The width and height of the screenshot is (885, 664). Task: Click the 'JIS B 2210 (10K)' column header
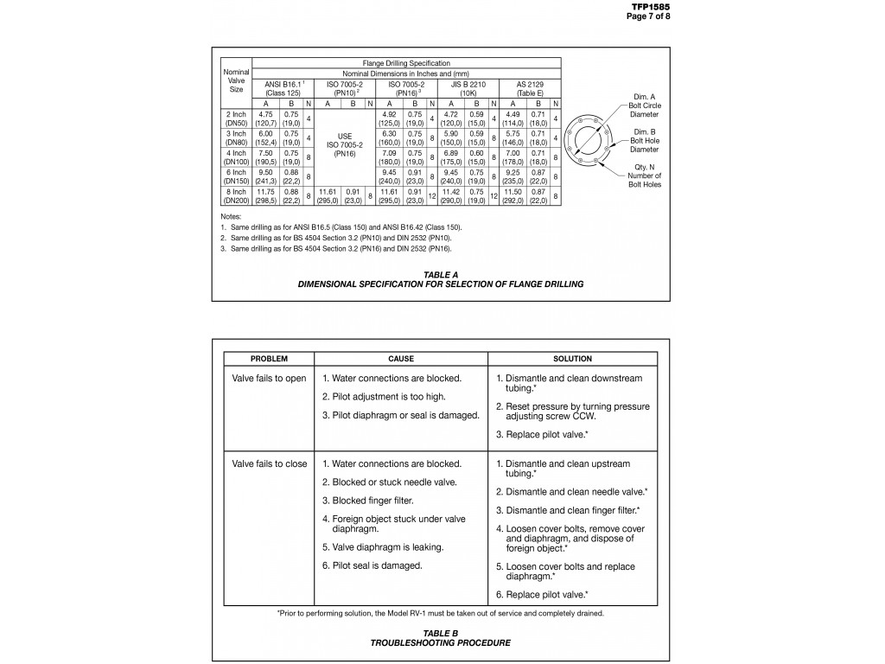(x=464, y=88)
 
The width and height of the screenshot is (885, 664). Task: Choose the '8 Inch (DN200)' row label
(x=235, y=195)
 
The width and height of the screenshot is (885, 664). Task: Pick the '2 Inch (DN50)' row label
(x=235, y=118)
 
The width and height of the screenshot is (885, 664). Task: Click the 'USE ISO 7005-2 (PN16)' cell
(x=345, y=144)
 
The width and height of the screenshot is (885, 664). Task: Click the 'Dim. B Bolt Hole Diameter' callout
(x=644, y=140)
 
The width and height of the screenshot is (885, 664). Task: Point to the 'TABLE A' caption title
(x=441, y=274)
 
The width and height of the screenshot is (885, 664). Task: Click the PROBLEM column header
(x=269, y=358)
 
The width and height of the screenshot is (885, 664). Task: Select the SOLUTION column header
(x=572, y=358)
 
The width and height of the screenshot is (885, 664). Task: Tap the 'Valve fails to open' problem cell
(x=269, y=379)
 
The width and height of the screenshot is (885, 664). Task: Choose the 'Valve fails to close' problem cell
(x=269, y=464)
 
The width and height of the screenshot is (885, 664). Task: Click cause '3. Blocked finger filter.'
(x=368, y=501)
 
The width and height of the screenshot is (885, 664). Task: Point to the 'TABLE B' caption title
(x=441, y=633)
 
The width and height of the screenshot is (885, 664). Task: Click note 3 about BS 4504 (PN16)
(x=335, y=248)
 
